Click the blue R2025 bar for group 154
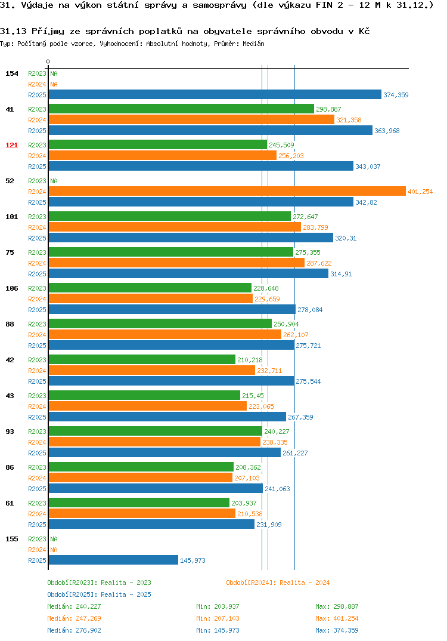(x=215, y=94)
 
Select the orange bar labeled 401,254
(x=227, y=192)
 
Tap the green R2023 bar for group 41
(x=181, y=109)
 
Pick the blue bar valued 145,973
(x=113, y=560)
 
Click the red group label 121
(x=12, y=145)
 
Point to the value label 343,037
(x=368, y=167)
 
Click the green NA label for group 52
(x=54, y=181)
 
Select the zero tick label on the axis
(x=48, y=61)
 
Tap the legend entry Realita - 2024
(x=278, y=583)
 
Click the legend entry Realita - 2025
(x=99, y=594)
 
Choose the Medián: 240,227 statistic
(x=74, y=606)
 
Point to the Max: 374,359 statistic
(x=337, y=630)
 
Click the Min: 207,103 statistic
(x=218, y=618)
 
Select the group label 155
(x=12, y=539)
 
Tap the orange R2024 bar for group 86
(x=141, y=477)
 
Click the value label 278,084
(x=310, y=310)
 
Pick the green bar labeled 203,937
(x=139, y=503)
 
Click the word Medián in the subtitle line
(x=253, y=44)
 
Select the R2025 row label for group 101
(x=37, y=238)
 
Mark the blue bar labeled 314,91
(x=188, y=273)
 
